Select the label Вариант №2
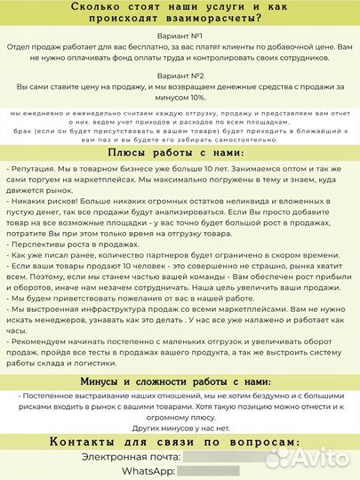179,76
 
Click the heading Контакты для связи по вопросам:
180,442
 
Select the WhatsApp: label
148,470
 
